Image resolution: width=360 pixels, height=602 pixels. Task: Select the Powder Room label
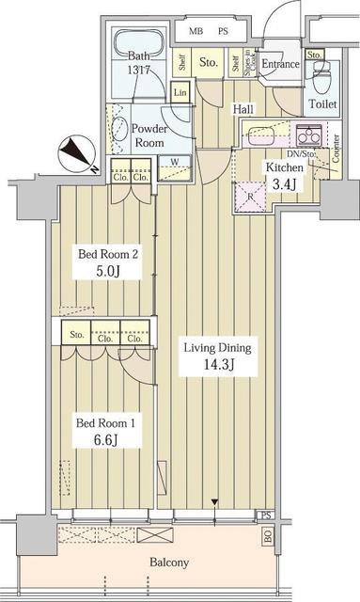pos(149,135)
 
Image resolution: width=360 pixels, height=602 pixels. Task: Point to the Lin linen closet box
pos(180,92)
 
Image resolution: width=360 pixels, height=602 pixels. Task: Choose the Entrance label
pos(280,64)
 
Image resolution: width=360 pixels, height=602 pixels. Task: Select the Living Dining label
pos(218,347)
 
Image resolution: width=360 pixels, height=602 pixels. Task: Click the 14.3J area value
pos(218,364)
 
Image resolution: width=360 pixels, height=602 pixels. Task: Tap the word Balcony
pos(166,562)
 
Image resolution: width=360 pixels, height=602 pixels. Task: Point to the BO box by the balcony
pos(267,538)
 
